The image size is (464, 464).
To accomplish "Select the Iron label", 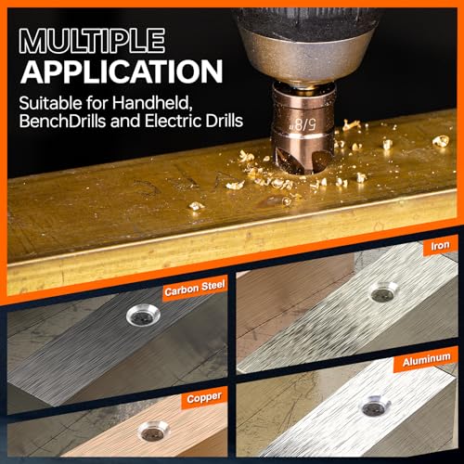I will [x=438, y=247].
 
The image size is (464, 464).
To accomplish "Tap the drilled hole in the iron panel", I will [x=380, y=294].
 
